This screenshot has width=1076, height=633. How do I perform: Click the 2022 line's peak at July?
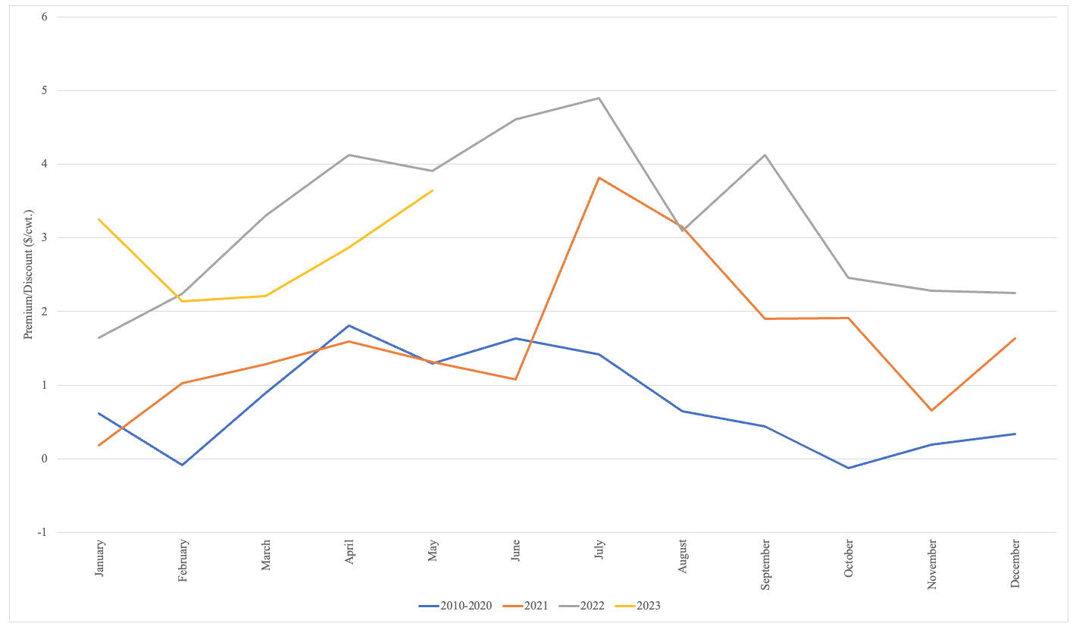599,98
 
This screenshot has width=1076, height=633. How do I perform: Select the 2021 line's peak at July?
599,177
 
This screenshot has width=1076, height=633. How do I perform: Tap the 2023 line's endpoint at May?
433,190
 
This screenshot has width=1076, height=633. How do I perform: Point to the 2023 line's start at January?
99,219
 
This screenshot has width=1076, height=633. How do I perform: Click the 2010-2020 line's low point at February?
183,465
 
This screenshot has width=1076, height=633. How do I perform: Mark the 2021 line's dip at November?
931,410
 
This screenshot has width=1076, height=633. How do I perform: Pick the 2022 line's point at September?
765,155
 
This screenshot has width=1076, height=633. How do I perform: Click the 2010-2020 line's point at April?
349,325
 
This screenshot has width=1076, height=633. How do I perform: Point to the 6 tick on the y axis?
45,17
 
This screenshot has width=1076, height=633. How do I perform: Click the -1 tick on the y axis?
42,532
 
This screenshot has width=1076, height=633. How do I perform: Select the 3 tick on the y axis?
45,237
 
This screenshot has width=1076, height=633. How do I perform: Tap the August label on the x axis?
683,556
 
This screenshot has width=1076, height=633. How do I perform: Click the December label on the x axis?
1015,563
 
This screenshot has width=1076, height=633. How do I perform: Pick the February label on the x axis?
183,560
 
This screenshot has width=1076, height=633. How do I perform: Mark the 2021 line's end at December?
1015,338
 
